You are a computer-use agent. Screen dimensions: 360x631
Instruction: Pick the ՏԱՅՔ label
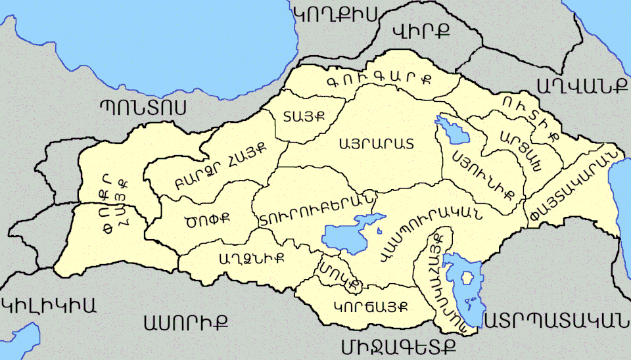click(304, 117)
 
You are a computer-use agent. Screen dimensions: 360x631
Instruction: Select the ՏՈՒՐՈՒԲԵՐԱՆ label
click(317, 210)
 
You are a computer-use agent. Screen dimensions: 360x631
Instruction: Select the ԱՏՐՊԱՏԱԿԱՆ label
click(552, 320)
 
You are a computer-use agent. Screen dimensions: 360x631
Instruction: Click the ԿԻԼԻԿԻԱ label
click(49, 305)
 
